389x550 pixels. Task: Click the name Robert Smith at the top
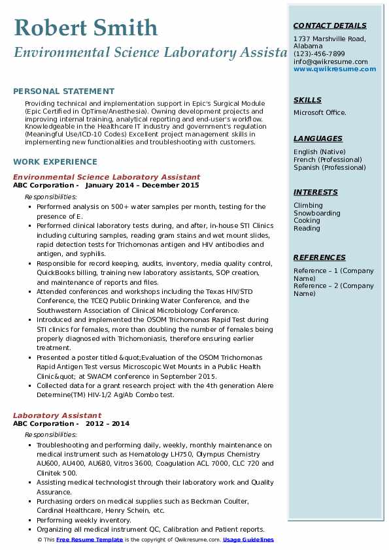pos(86,28)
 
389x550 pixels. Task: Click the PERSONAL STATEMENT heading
pos(63,91)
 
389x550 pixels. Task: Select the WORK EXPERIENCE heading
pos(55,161)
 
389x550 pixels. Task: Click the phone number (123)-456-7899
pos(319,54)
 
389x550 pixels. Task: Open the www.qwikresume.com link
pos(330,69)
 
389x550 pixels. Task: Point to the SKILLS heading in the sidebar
pos(307,100)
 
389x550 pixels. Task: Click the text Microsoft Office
pos(320,113)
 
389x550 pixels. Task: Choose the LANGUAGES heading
pos(318,138)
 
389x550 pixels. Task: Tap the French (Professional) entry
pos(328,159)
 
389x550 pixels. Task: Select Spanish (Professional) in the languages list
pos(329,167)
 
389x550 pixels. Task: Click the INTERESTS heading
pos(316,192)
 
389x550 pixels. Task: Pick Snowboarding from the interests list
pos(316,213)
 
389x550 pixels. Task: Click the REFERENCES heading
pos(320,257)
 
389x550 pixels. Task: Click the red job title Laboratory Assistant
pos(57,415)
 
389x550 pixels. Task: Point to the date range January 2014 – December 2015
pos(142,185)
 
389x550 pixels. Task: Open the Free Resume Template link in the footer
pos(90,540)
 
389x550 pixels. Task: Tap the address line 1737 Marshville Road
pos(330,39)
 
